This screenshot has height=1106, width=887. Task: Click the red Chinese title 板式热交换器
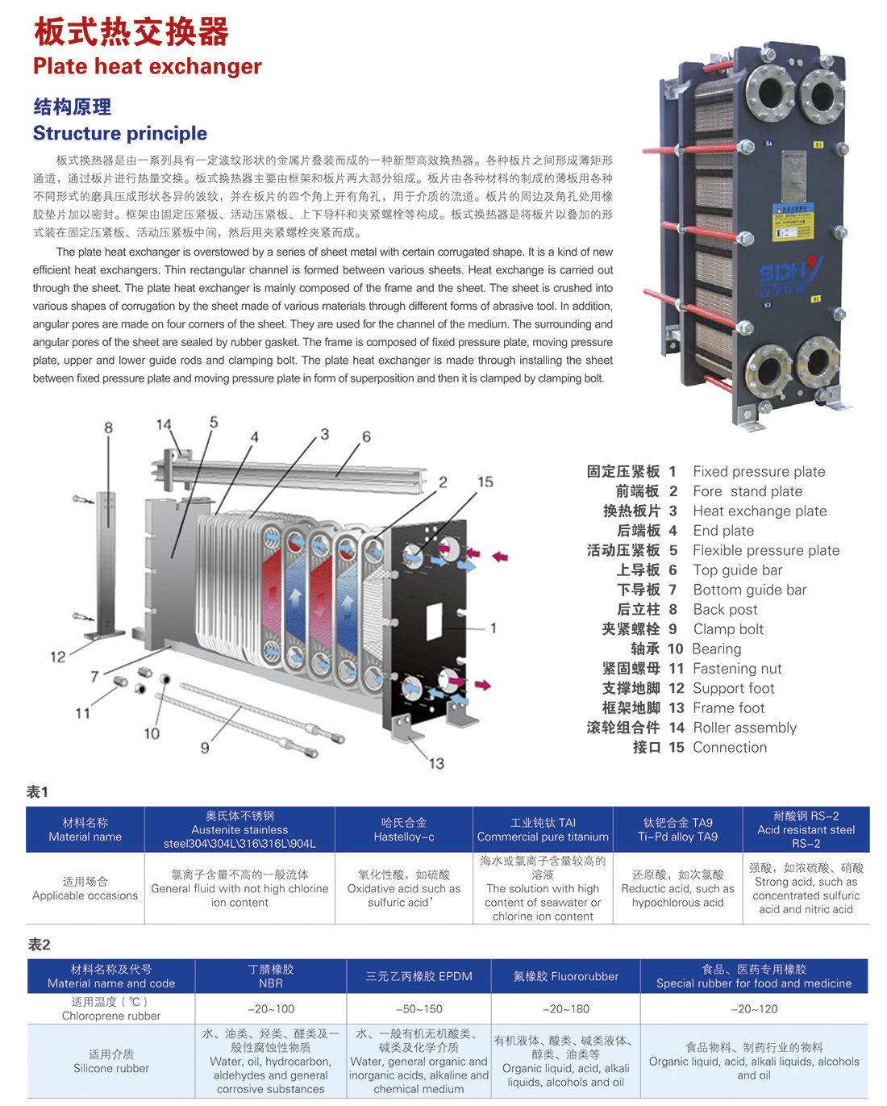(x=131, y=32)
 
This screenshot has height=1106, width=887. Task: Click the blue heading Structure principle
(x=120, y=133)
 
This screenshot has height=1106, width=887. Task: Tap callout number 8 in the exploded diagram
(x=108, y=428)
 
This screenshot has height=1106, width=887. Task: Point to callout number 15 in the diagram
(x=485, y=482)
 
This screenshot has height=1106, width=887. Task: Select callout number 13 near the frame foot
(x=436, y=763)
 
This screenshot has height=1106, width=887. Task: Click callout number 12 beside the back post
(x=58, y=657)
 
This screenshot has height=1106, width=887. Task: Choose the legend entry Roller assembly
(x=744, y=728)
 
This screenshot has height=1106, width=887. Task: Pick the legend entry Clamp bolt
(x=728, y=629)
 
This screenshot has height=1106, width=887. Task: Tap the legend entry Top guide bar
(x=737, y=570)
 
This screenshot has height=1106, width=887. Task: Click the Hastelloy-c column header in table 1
(x=404, y=829)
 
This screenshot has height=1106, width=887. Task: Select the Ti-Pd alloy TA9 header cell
(x=677, y=829)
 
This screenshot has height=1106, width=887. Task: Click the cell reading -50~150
(x=419, y=1008)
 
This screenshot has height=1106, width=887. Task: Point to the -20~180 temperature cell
(x=565, y=1008)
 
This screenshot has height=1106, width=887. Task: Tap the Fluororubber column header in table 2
(x=565, y=976)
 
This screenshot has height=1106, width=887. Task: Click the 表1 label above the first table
(x=37, y=792)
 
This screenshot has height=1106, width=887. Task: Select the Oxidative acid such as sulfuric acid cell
(x=403, y=888)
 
